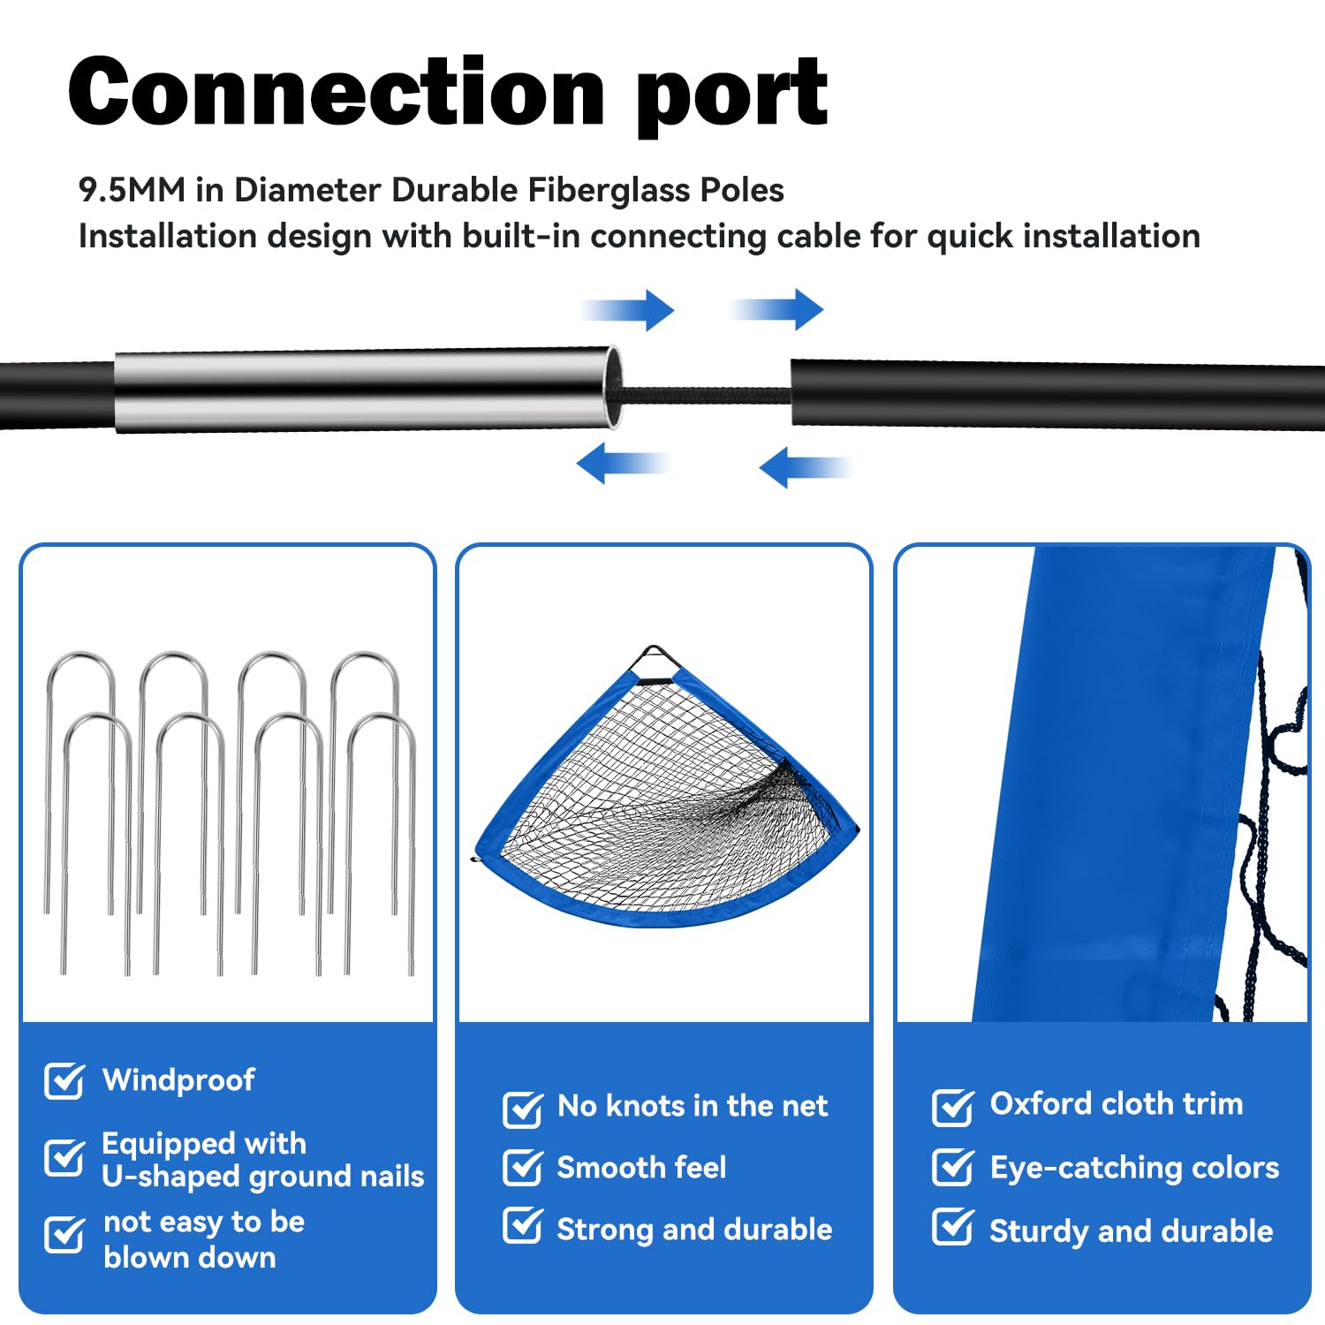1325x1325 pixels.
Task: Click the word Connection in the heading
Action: [x=336, y=92]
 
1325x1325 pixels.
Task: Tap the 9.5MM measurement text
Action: [x=132, y=190]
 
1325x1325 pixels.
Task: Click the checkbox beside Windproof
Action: [x=64, y=1080]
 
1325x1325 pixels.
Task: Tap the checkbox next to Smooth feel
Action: [x=522, y=1168]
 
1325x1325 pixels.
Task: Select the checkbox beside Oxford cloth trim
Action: [x=952, y=1106]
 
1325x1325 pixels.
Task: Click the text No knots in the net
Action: [x=693, y=1106]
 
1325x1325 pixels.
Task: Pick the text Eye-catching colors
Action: [x=1134, y=1168]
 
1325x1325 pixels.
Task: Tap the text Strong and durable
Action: [x=694, y=1230]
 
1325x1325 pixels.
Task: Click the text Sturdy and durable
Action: [x=1131, y=1231]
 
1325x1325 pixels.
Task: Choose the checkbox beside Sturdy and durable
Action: [x=952, y=1228]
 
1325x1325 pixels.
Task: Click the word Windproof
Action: [x=178, y=1079]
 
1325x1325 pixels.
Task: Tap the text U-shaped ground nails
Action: [x=262, y=1177]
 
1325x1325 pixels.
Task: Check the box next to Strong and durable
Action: [x=522, y=1226]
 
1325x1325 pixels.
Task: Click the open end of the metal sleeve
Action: [x=613, y=389]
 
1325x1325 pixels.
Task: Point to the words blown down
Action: [x=189, y=1258]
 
